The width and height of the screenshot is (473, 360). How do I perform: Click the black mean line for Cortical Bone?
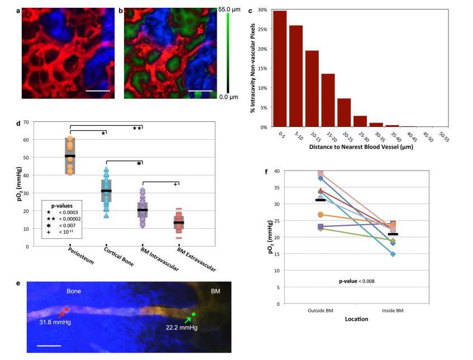click(106, 191)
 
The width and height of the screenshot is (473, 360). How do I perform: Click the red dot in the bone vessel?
click(67, 309)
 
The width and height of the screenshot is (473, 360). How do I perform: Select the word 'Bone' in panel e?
click(75, 292)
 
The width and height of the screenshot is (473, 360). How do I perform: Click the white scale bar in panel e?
click(49, 345)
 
